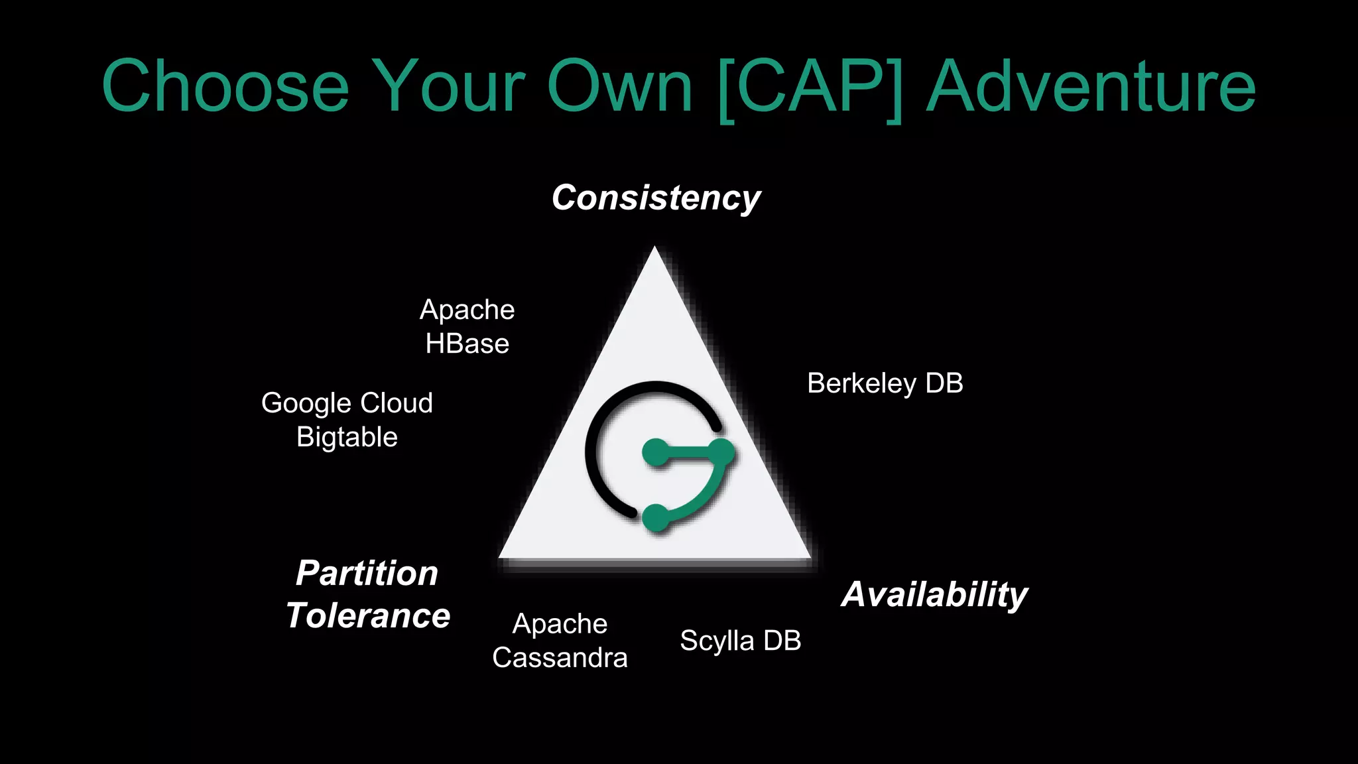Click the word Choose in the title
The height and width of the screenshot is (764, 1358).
(225, 86)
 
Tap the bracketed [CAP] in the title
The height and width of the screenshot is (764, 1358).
(810, 88)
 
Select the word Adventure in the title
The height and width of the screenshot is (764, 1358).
(1090, 86)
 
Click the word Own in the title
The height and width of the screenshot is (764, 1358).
(619, 86)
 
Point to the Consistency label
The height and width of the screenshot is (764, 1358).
(656, 198)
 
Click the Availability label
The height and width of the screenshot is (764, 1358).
(934, 594)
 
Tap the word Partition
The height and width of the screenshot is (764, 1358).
(367, 573)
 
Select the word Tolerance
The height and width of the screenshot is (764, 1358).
(368, 615)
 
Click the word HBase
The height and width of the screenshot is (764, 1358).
(467, 344)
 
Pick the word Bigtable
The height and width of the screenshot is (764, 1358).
(347, 437)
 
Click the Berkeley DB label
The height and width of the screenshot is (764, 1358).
(885, 383)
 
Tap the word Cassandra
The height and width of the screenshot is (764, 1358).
(560, 658)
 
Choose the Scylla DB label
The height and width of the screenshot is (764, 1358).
(740, 641)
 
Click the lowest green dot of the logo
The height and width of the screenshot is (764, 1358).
(656, 517)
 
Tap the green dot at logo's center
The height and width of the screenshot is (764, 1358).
(656, 453)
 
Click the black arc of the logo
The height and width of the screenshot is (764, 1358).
(597, 424)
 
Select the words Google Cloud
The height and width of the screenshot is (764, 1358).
(347, 403)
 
